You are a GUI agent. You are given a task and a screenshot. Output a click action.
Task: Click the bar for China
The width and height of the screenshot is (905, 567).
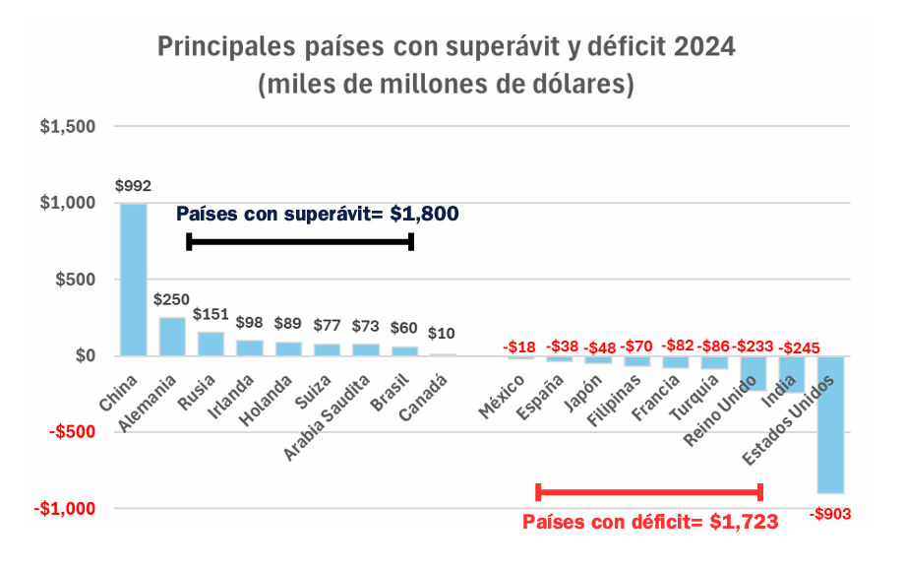[x=134, y=280]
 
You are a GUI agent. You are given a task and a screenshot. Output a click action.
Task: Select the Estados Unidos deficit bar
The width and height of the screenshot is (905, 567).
[x=831, y=424]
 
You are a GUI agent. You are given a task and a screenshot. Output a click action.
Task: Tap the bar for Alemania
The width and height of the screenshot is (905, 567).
[x=172, y=336]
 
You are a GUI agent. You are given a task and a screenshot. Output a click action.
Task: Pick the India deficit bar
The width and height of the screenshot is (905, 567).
[x=792, y=374]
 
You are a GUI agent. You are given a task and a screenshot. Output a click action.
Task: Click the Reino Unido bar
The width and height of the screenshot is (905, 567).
[x=754, y=373]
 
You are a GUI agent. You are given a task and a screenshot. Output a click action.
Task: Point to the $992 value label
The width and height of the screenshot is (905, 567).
[x=134, y=185]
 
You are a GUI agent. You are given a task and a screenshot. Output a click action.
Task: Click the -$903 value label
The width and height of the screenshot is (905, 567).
[x=831, y=513]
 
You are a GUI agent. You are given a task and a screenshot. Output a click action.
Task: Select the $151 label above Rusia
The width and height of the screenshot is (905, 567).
[x=211, y=314]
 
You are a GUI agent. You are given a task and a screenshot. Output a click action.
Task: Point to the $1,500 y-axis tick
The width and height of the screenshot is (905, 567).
[x=68, y=127]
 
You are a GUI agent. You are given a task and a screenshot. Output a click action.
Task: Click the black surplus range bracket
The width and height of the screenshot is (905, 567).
[x=300, y=241]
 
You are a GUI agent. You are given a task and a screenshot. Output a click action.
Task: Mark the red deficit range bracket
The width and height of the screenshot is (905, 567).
[x=649, y=491]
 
